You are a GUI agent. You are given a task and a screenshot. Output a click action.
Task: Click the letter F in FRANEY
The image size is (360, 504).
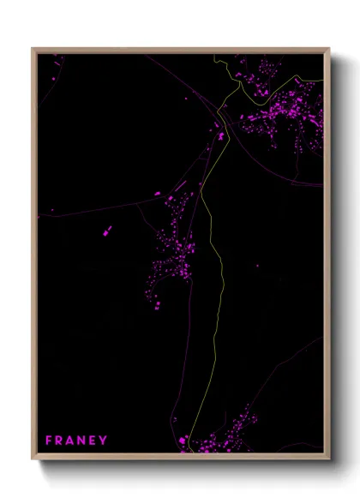[49, 441]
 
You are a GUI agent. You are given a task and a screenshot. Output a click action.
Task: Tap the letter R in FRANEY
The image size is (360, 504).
[60, 441]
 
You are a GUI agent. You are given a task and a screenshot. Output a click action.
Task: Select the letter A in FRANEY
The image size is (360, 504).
[71, 441]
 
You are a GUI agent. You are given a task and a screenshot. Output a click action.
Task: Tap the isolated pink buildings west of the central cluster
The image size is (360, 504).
[106, 231]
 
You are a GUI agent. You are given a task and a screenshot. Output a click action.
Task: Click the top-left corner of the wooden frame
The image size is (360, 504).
[33, 49]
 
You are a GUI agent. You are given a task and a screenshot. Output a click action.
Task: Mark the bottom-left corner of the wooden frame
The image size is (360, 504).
[33, 456]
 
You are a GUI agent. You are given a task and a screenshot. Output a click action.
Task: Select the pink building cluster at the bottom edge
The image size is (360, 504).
[223, 437]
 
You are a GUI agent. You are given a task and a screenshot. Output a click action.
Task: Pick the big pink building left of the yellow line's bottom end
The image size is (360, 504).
[183, 441]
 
